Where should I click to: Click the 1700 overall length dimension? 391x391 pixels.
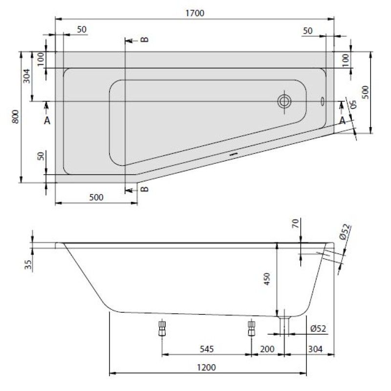click(x=195, y=13)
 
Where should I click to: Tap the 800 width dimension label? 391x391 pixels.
click(x=16, y=116)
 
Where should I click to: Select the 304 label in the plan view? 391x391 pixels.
click(x=26, y=76)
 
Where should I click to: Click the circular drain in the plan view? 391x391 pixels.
click(x=284, y=102)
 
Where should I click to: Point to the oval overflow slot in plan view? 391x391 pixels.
click(x=323, y=101)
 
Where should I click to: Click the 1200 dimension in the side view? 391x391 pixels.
click(x=206, y=368)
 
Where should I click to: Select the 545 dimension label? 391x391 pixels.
click(x=207, y=349)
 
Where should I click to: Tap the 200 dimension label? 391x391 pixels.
click(x=267, y=349)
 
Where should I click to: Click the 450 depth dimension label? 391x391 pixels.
click(x=267, y=279)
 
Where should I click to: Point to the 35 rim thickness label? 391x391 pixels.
click(x=28, y=264)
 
